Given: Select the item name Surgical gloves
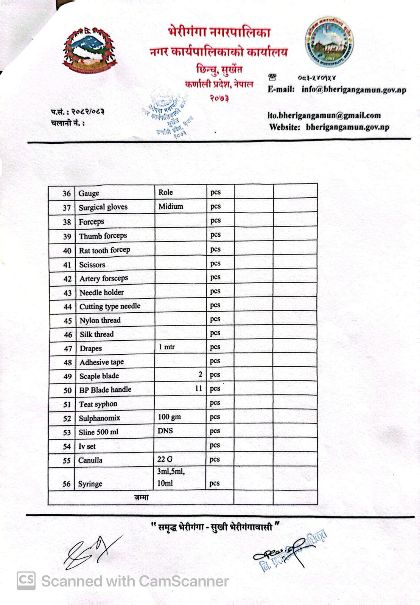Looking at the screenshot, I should [103, 207].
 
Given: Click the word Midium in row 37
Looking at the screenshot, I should [171, 206].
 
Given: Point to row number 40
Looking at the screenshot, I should [67, 251].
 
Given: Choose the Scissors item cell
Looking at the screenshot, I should [92, 265].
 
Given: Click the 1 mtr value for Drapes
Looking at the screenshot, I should [166, 347].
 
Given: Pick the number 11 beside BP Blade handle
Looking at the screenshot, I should [199, 388].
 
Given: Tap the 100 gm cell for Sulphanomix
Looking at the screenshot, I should [169, 417].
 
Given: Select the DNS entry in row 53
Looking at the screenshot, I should [165, 431].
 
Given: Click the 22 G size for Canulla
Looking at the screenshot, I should [165, 459].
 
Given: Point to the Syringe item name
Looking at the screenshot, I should [90, 484].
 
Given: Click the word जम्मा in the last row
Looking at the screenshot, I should [141, 498].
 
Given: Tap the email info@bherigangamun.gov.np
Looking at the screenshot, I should [353, 90].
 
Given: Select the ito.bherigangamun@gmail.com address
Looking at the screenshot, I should [324, 115].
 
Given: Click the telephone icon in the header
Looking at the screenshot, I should [272, 77].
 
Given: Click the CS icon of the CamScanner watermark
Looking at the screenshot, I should [26, 581].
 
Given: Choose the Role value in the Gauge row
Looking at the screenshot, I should [165, 192].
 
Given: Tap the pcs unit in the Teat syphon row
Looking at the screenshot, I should [215, 403].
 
